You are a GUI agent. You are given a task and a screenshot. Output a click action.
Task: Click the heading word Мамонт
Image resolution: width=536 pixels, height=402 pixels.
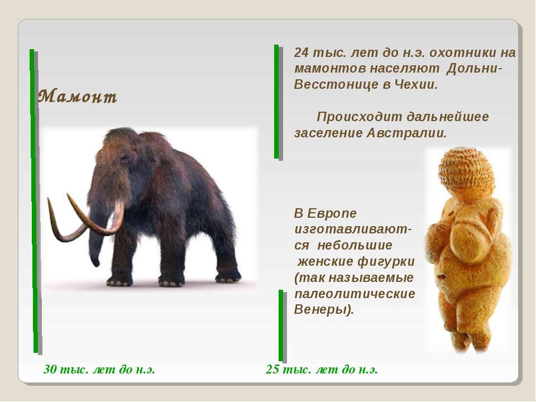click(x=78, y=97)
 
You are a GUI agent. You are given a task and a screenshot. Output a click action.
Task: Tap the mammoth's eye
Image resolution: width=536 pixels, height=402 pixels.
click(x=124, y=158)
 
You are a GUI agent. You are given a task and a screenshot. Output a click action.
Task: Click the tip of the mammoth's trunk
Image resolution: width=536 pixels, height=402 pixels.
click(x=96, y=263)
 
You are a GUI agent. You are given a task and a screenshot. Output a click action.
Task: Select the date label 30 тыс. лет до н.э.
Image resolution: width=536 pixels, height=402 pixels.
click(x=99, y=370)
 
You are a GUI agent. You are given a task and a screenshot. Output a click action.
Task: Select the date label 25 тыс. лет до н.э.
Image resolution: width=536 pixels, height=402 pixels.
click(x=322, y=370)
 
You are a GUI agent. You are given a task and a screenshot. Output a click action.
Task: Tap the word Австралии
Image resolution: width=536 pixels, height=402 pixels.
click(x=406, y=133)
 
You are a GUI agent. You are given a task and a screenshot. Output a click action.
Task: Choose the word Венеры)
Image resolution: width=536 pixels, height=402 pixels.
click(x=324, y=310)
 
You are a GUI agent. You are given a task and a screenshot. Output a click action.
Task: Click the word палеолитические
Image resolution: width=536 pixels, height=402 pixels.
click(x=355, y=294)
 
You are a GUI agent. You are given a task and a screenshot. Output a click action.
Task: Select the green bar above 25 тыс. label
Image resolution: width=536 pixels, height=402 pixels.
click(x=281, y=325)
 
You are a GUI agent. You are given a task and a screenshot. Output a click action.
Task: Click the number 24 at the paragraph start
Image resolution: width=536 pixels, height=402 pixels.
click(x=301, y=52)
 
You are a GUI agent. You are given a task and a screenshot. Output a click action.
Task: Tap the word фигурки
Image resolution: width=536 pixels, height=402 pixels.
click(x=386, y=262)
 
